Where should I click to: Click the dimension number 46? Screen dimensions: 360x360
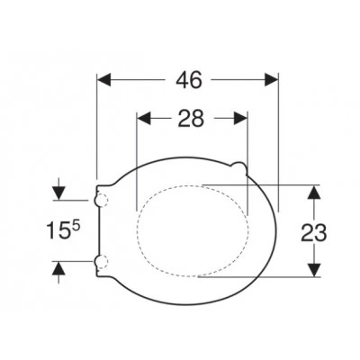coord(189,80)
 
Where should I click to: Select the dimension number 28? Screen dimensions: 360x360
coord(191,119)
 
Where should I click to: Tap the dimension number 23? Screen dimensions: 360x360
coord(314,233)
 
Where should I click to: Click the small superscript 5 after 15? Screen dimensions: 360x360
coord(76,227)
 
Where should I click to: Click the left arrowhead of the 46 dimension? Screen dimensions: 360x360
coord(104,80)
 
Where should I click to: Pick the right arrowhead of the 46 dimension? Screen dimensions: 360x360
coord(272,80)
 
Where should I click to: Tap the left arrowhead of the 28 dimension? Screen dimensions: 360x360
coord(144,118)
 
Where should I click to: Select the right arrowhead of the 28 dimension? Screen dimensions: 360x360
coord(240,118)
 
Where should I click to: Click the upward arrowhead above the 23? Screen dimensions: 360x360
coord(314,192)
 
